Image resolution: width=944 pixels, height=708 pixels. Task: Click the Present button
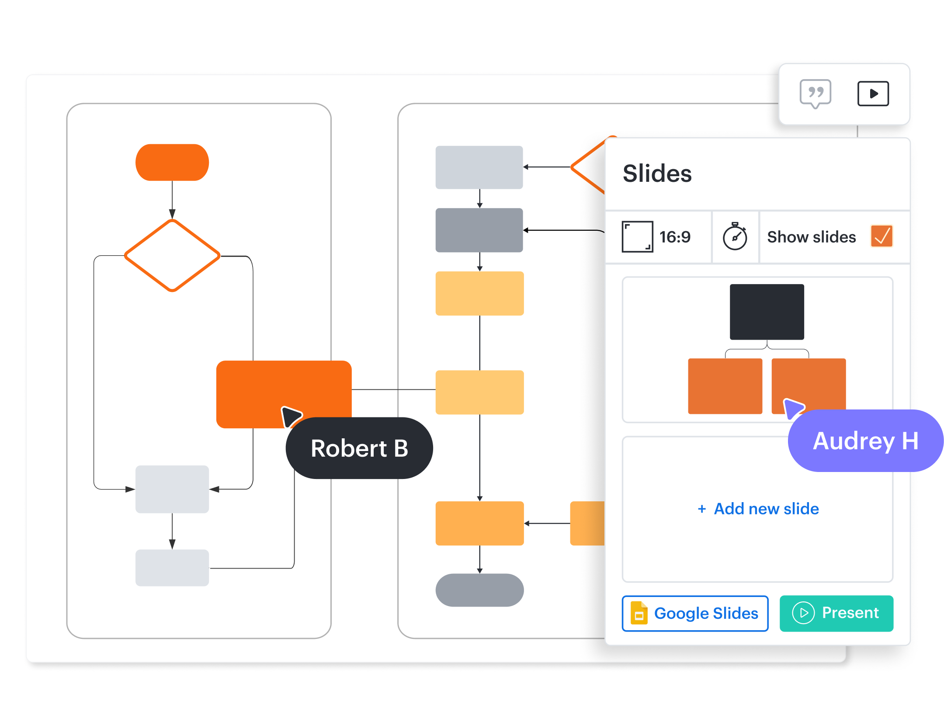836,613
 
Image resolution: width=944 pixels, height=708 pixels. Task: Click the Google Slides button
695,613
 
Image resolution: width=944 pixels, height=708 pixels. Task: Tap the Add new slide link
758,509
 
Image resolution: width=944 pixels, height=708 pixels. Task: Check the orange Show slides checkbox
882,236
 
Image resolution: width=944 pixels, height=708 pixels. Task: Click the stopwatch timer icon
735,236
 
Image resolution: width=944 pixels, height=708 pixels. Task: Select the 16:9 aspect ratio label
675,237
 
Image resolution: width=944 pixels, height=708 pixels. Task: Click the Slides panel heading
657,174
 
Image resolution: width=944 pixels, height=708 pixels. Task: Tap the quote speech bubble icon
815,93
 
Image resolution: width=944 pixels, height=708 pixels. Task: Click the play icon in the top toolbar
873,94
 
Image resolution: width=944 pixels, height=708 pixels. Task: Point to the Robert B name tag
359,448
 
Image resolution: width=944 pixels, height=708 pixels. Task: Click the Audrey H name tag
865,441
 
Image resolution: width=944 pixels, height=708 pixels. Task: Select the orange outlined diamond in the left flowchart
172,255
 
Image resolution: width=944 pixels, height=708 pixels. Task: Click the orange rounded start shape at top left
172,163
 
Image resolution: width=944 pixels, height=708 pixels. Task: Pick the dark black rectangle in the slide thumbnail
767,312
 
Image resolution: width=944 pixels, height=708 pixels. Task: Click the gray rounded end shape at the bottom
479,590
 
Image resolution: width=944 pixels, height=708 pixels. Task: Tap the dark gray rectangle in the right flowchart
479,230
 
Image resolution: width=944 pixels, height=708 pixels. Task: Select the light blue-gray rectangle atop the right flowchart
479,167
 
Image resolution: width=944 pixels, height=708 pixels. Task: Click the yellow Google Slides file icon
639,613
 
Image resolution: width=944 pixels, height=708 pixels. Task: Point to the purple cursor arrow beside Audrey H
793,408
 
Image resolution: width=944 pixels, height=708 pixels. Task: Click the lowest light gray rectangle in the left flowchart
172,568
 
